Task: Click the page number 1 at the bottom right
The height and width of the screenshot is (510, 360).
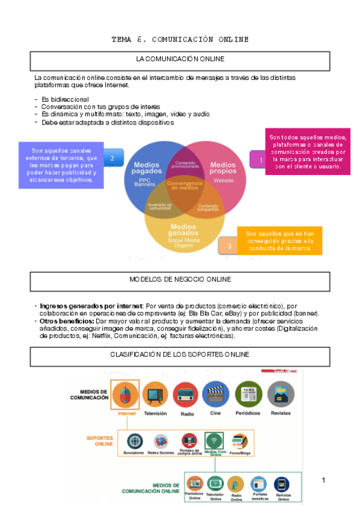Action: click(323, 480)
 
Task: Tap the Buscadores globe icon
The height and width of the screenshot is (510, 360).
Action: click(133, 441)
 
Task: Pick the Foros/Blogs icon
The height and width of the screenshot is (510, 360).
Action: click(240, 441)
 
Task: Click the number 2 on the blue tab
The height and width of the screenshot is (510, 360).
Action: click(112, 159)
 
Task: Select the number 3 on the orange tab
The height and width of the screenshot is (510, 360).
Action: click(229, 245)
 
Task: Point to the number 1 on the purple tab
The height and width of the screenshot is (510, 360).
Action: click(261, 161)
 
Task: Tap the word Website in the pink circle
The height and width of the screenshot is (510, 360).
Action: click(224, 180)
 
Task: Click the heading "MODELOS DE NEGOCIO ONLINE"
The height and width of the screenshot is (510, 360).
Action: click(180, 280)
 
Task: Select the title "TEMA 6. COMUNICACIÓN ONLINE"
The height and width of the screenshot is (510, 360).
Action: click(180, 40)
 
